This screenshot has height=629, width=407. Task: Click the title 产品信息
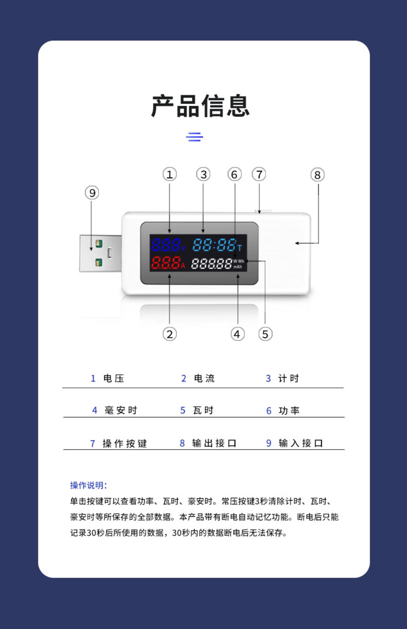pyautogui.click(x=200, y=106)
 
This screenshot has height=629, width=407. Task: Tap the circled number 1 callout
pyautogui.click(x=169, y=175)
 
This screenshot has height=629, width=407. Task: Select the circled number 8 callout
pyautogui.click(x=317, y=175)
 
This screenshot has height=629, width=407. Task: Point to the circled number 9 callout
pyautogui.click(x=92, y=193)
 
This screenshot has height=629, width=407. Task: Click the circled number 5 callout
pyautogui.click(x=265, y=334)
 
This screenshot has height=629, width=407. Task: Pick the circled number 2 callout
pyautogui.click(x=169, y=334)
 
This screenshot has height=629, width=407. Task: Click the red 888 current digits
pyautogui.click(x=166, y=263)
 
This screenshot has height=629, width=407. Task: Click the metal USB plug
pyautogui.click(x=100, y=253)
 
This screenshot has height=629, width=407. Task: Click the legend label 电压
pyautogui.click(x=114, y=379)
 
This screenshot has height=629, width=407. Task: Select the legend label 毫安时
pyautogui.click(x=121, y=410)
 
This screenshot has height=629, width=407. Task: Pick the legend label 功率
pyautogui.click(x=289, y=410)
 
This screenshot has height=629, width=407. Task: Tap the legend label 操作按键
pyautogui.click(x=125, y=444)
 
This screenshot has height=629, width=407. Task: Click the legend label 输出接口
pyautogui.click(x=214, y=444)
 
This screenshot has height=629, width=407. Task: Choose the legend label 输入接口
pyautogui.click(x=301, y=444)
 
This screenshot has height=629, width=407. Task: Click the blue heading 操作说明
pyautogui.click(x=88, y=486)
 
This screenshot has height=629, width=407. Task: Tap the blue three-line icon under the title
pyautogui.click(x=194, y=137)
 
